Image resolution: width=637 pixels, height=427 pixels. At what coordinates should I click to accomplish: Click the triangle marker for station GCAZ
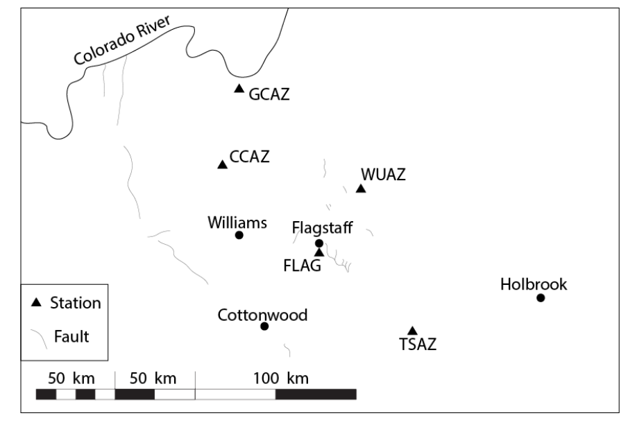tap(239, 89)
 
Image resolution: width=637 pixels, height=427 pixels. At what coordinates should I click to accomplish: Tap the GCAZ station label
tap(269, 94)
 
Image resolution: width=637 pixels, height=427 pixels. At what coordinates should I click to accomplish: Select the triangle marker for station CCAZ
tap(222, 164)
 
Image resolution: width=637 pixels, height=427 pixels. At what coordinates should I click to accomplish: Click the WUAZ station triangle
tap(361, 189)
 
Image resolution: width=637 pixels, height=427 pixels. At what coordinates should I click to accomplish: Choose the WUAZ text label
tap(383, 175)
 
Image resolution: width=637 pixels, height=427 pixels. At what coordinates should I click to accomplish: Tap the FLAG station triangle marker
tap(319, 252)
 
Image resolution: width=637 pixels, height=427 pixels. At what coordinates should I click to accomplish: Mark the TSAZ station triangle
tap(412, 331)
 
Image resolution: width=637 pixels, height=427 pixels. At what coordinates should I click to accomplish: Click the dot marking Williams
tap(239, 235)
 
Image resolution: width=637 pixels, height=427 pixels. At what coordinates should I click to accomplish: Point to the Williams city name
tap(237, 223)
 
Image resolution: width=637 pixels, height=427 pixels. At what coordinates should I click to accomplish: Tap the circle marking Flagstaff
tap(319, 243)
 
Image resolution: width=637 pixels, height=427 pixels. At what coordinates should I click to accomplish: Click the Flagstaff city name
tap(323, 227)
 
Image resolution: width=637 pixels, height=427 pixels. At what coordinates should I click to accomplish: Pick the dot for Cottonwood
tap(264, 326)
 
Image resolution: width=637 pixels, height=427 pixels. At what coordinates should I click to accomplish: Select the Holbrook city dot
tap(541, 298)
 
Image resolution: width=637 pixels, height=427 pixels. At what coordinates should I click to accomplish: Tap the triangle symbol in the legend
tap(36, 303)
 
